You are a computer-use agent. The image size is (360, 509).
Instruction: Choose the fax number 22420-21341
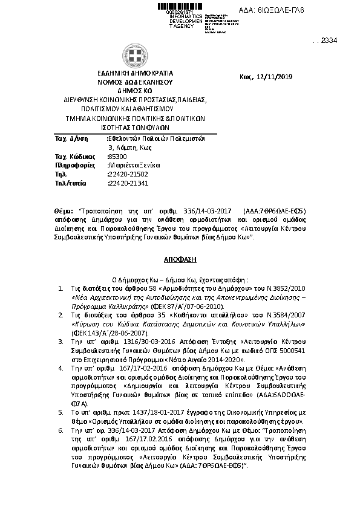(126, 183)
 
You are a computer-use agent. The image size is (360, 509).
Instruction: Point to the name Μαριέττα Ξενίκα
(134, 164)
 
